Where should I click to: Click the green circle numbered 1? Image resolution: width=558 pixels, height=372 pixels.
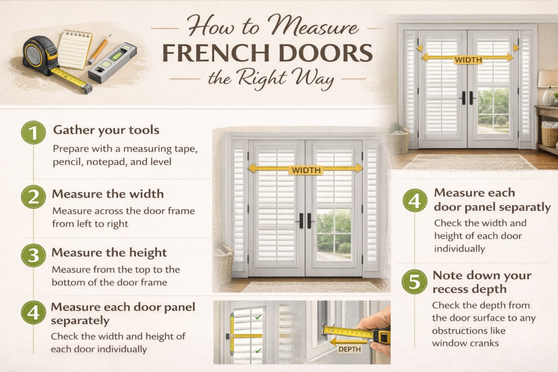point(33,132)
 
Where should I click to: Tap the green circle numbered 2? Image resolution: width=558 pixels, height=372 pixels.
point(33,197)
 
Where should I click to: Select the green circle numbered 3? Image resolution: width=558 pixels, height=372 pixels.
point(33,255)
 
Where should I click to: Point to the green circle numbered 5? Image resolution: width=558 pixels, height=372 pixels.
point(415,282)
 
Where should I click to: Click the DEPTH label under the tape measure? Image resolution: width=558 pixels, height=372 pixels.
point(349,349)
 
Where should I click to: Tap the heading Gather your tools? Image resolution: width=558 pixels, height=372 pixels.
point(106,130)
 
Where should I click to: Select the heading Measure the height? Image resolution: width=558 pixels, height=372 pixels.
point(109,253)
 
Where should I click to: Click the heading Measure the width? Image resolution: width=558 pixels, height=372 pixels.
point(108,194)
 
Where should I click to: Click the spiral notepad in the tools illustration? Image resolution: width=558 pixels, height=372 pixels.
point(75,49)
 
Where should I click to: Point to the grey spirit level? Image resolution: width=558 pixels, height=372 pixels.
point(112,63)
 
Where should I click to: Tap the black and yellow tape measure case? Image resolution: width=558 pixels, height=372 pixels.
point(39,56)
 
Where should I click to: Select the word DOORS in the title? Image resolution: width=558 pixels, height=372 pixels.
point(326,53)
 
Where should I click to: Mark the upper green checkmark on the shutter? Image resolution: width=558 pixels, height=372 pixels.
point(258,317)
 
